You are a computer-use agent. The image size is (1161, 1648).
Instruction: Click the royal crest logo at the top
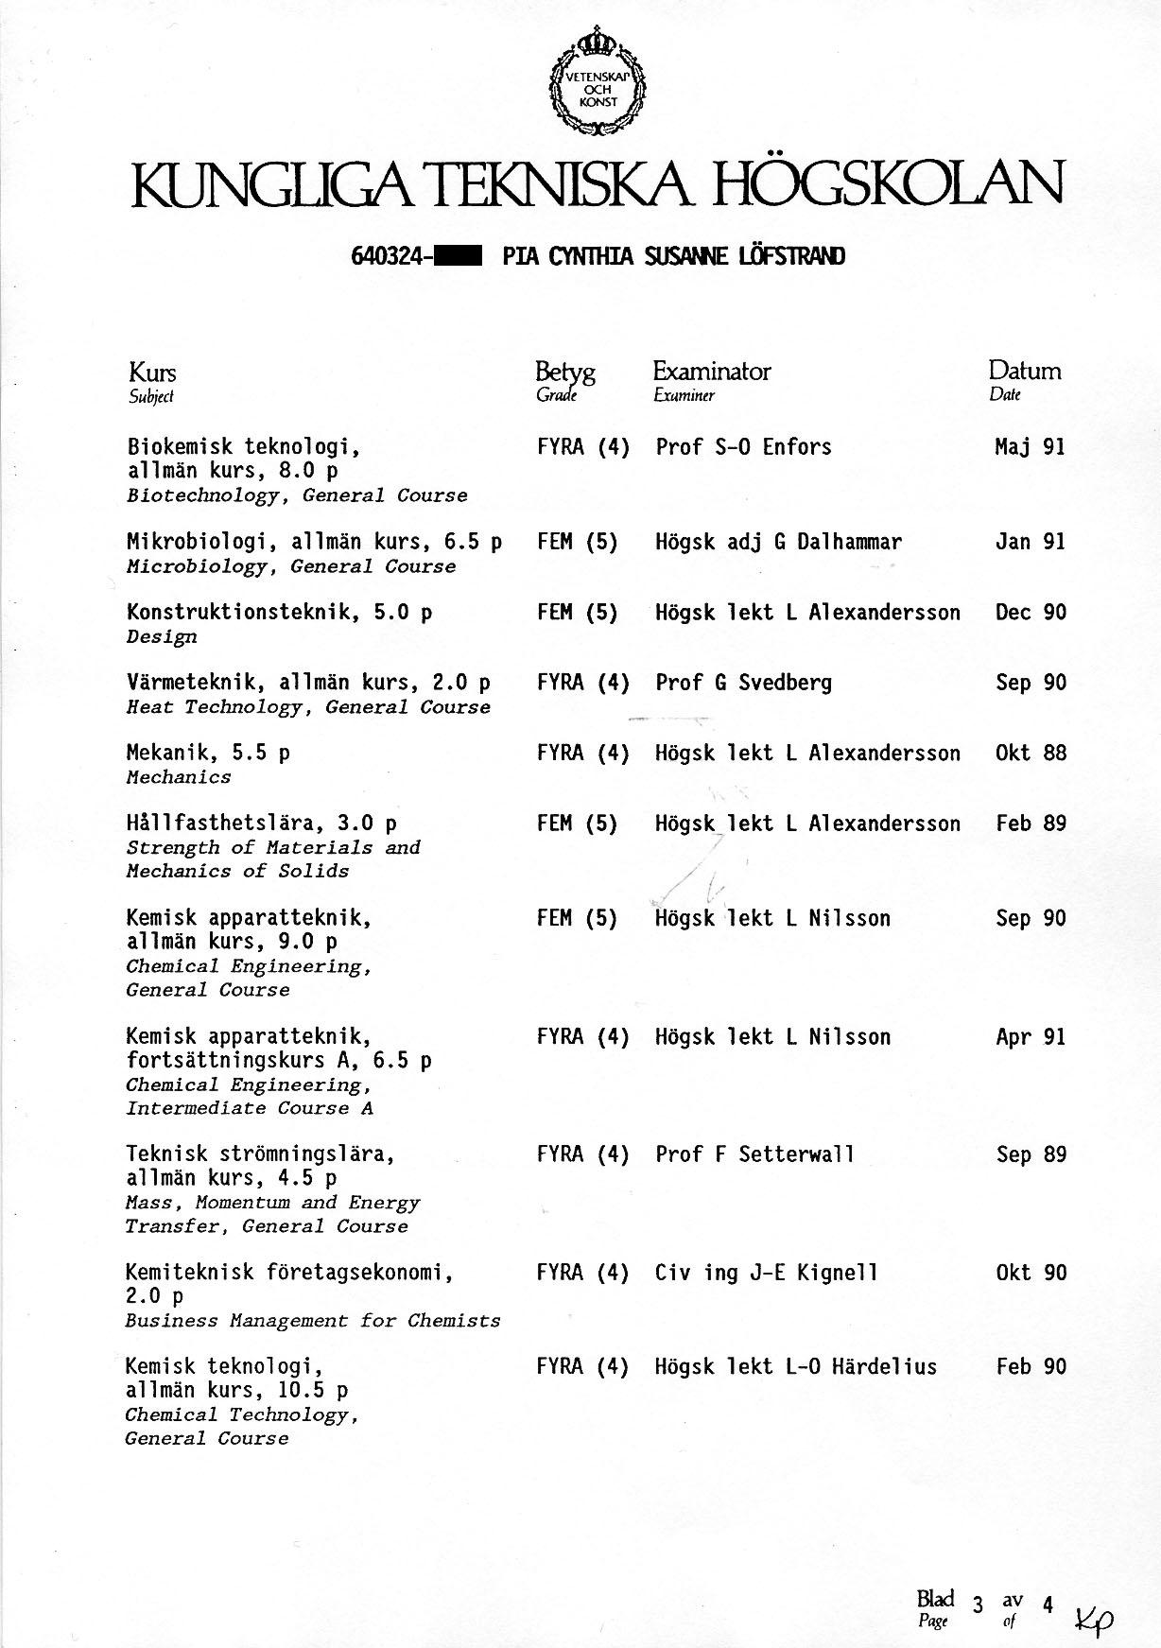pyautogui.click(x=597, y=82)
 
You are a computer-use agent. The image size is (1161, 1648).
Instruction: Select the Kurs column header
pyautogui.click(x=151, y=372)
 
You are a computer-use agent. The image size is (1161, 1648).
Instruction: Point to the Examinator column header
pyautogui.click(x=711, y=371)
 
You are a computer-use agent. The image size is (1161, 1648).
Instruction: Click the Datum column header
pyautogui.click(x=1025, y=371)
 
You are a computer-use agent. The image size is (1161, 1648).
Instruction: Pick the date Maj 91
pyautogui.click(x=1030, y=447)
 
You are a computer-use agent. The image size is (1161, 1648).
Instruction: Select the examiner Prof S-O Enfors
pyautogui.click(x=743, y=447)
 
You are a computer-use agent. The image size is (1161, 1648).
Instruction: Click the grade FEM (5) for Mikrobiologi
pyautogui.click(x=577, y=542)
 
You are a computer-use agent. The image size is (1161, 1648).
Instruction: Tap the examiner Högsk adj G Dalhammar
pyautogui.click(x=778, y=542)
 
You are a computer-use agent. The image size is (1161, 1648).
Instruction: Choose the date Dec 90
pyautogui.click(x=1030, y=613)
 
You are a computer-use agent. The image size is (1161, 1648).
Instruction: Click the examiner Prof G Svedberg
pyautogui.click(x=743, y=683)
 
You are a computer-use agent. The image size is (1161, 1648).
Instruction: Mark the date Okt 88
pyautogui.click(x=1030, y=754)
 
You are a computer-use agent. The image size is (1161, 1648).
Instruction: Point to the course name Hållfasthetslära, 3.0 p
pyautogui.click(x=262, y=824)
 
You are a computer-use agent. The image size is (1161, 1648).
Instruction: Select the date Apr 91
pyautogui.click(x=1030, y=1037)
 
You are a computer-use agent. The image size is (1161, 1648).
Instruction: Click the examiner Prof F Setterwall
pyautogui.click(x=754, y=1154)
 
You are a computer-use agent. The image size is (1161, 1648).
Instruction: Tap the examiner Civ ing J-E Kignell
pyautogui.click(x=767, y=1273)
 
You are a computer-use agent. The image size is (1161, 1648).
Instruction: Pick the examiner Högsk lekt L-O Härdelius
pyautogui.click(x=796, y=1366)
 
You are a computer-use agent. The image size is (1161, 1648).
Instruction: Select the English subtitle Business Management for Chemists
pyautogui.click(x=313, y=1321)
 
